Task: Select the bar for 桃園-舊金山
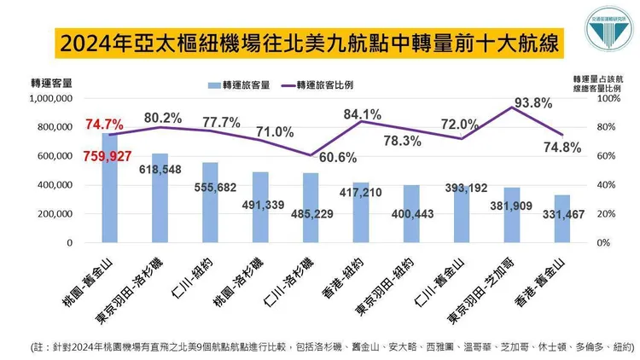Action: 108,188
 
